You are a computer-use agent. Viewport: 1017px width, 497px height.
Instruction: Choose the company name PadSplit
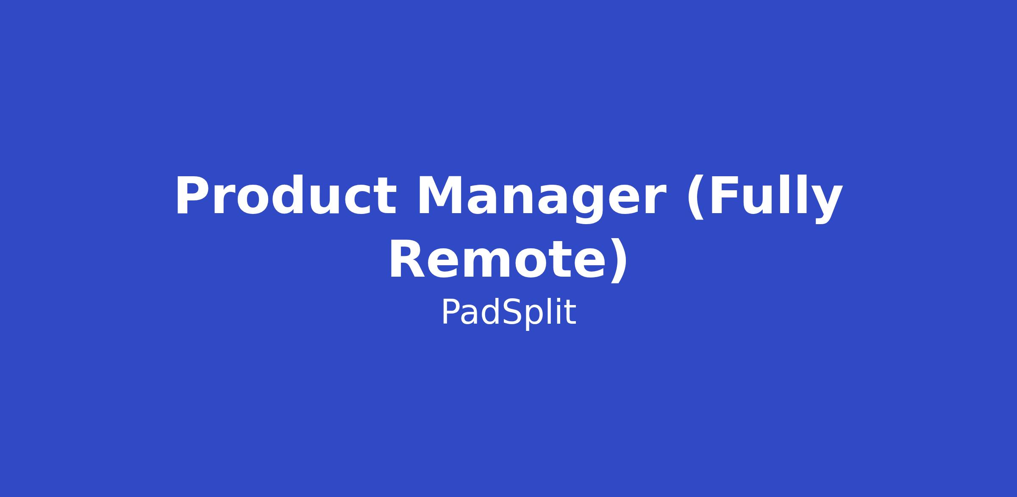pos(508,313)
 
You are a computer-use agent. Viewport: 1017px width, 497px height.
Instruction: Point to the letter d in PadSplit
pos(489,312)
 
